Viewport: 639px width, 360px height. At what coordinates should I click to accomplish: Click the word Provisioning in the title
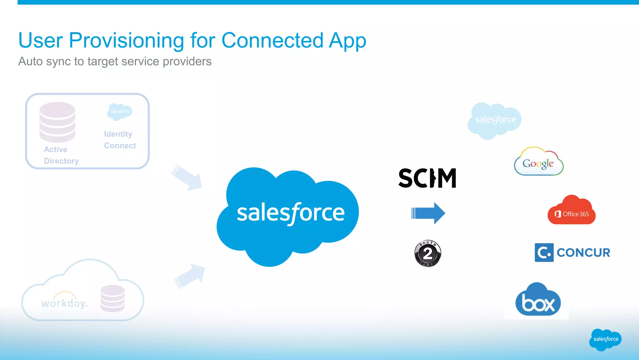126,41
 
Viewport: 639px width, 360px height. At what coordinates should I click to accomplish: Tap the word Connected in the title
272,41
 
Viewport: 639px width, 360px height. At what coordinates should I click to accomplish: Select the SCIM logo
427,178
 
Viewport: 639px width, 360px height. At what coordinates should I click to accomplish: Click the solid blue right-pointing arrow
428,213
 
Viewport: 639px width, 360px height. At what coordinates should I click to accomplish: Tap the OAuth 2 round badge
427,253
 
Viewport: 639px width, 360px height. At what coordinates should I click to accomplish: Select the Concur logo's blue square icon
544,252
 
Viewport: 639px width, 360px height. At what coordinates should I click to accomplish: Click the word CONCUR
583,252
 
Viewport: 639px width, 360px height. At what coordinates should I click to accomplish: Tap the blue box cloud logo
538,301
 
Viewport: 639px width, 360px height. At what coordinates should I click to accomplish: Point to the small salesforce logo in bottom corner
605,339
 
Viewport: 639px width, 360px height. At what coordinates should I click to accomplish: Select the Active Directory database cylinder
57,122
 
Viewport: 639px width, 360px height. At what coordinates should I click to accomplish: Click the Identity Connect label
120,140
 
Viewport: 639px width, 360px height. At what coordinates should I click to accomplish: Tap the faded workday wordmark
64,302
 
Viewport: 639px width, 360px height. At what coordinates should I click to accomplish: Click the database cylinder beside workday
113,298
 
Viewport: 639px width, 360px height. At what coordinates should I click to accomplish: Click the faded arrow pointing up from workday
189,276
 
